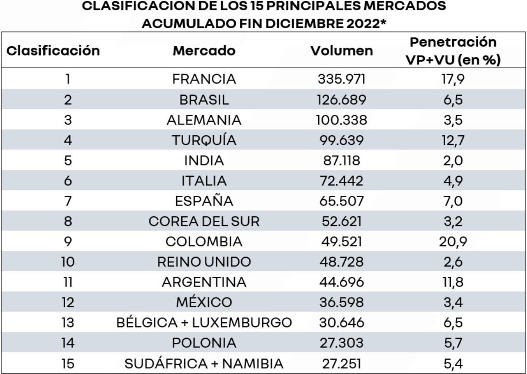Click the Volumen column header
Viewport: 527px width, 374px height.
[341, 51]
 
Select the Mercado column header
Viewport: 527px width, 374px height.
[204, 51]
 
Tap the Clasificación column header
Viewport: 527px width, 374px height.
[53, 51]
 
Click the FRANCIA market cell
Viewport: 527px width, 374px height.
[204, 79]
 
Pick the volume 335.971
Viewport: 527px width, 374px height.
[341, 79]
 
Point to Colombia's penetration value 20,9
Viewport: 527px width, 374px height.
[453, 242]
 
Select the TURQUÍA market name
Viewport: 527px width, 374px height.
[204, 140]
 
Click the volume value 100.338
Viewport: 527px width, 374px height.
[341, 120]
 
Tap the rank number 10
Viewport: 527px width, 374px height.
[67, 262]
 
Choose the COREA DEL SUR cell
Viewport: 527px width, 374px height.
[204, 221]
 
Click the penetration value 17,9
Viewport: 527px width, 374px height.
[453, 79]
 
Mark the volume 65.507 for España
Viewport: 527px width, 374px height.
[341, 201]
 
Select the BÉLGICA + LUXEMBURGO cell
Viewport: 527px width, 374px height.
[204, 323]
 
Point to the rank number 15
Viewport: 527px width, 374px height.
[67, 364]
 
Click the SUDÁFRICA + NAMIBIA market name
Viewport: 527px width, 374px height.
[204, 364]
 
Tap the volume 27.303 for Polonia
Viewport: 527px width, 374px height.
[341, 343]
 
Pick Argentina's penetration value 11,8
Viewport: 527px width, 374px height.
[453, 282]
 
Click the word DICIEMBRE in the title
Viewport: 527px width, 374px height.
[304, 23]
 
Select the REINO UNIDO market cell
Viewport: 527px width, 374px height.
[204, 262]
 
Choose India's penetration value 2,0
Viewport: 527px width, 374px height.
[453, 161]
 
